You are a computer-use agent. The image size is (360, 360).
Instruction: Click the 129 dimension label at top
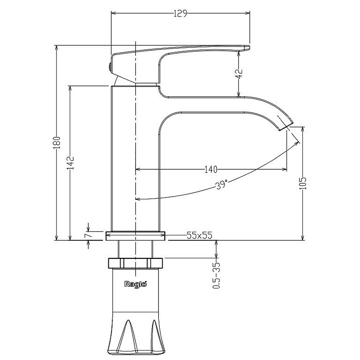[180, 13]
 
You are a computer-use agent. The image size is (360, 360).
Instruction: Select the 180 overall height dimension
[57, 143]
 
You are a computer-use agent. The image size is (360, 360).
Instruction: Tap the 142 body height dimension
[70, 163]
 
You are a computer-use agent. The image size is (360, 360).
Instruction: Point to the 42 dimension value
[239, 74]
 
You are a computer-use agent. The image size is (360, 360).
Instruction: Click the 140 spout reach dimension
[211, 170]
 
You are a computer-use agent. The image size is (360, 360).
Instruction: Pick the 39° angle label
[221, 185]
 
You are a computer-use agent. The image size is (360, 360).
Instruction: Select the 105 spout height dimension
[303, 183]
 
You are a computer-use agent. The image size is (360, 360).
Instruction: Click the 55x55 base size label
[199, 235]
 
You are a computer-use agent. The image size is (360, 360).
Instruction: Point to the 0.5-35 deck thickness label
[216, 275]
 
